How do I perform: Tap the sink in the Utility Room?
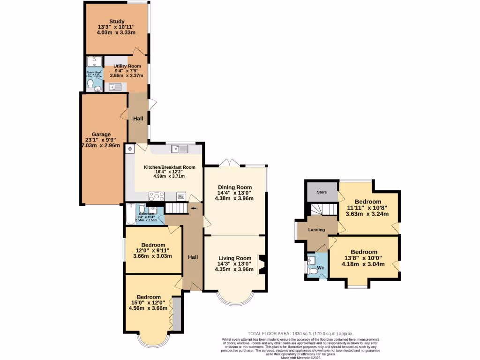click(x=115, y=86)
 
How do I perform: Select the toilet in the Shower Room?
click(x=90, y=84)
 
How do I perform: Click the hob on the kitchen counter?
click(x=157, y=196)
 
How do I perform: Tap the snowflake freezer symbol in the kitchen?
click(x=129, y=149)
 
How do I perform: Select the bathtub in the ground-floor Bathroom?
click(x=130, y=215)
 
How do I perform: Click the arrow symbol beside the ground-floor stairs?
click(x=194, y=209)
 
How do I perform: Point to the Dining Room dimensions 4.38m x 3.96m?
click(x=234, y=198)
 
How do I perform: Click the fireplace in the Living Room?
click(x=262, y=264)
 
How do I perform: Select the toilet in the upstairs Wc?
click(x=313, y=270)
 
